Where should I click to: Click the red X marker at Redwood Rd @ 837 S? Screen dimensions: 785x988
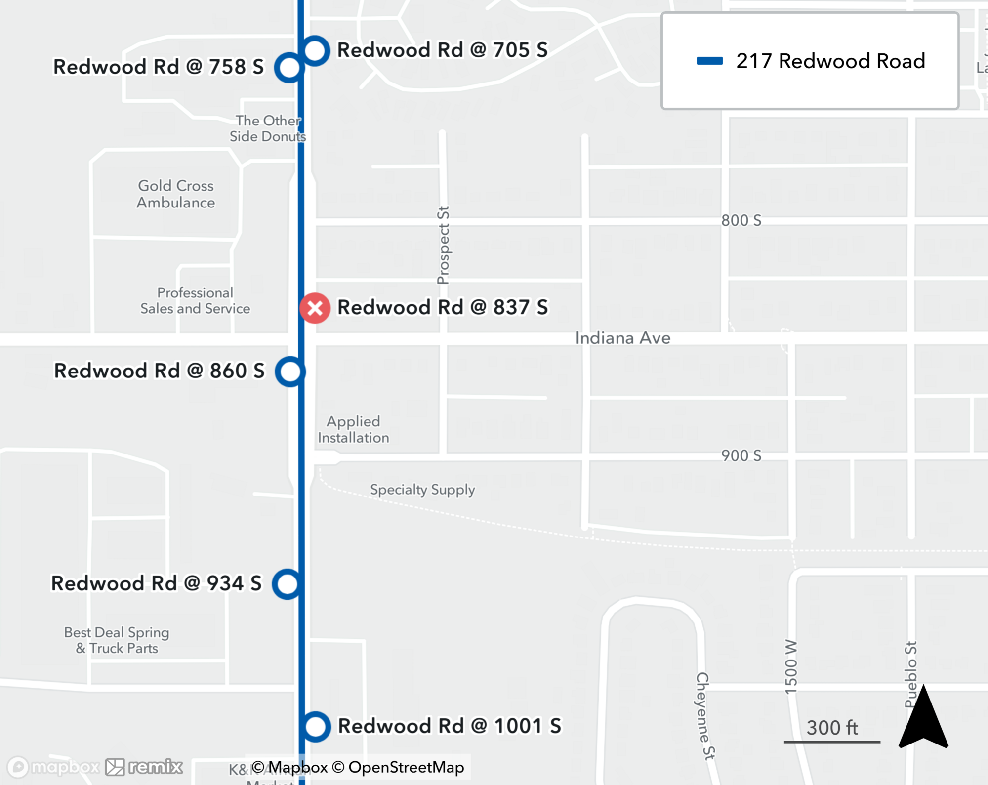pos(315,308)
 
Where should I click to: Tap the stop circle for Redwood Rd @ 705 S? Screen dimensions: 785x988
pos(315,50)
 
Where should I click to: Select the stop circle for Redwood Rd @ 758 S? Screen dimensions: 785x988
pos(289,67)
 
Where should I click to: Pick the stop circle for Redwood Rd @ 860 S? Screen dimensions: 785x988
pos(290,372)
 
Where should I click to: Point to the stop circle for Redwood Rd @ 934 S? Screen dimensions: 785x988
pos(287,584)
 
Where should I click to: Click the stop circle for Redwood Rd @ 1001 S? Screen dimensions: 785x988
pos(316,727)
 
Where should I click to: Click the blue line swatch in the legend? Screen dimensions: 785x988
pos(709,61)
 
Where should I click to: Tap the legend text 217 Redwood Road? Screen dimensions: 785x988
pos(830,61)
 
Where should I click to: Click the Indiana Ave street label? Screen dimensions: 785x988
pos(622,338)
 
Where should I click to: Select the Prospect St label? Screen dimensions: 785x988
pos(443,246)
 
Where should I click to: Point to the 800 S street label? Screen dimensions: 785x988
pos(741,220)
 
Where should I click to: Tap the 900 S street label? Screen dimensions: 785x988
pos(741,455)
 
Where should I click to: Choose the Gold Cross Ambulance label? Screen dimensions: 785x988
pos(176,194)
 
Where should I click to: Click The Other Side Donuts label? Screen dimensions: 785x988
pos(267,128)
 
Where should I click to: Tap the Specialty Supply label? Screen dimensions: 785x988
pos(422,490)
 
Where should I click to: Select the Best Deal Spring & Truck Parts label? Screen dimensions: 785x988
pos(117,640)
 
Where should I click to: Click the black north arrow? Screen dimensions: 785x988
pos(923,719)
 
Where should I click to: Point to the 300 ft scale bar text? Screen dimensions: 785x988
pos(832,728)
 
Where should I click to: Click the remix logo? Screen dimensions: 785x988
pos(144,767)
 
